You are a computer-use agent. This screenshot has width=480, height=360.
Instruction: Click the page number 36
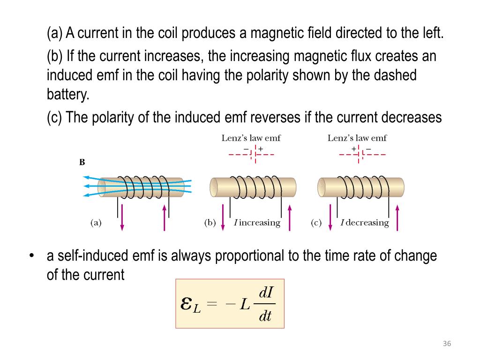[446, 345]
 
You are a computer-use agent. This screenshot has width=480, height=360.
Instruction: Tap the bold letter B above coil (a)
[82, 163]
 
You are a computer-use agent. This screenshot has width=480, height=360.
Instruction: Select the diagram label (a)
[96, 223]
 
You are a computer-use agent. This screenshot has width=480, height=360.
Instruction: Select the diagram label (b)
[210, 223]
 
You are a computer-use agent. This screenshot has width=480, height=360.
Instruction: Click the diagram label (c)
[316, 223]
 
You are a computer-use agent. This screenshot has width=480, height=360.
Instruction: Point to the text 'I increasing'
[257, 223]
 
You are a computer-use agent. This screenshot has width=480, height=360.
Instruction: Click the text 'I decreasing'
[365, 223]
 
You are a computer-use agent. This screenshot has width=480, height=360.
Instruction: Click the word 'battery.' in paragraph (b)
[67, 95]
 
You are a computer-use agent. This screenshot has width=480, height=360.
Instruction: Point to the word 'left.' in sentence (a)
[430, 34]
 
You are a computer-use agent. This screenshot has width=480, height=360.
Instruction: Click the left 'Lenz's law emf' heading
[251, 138]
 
